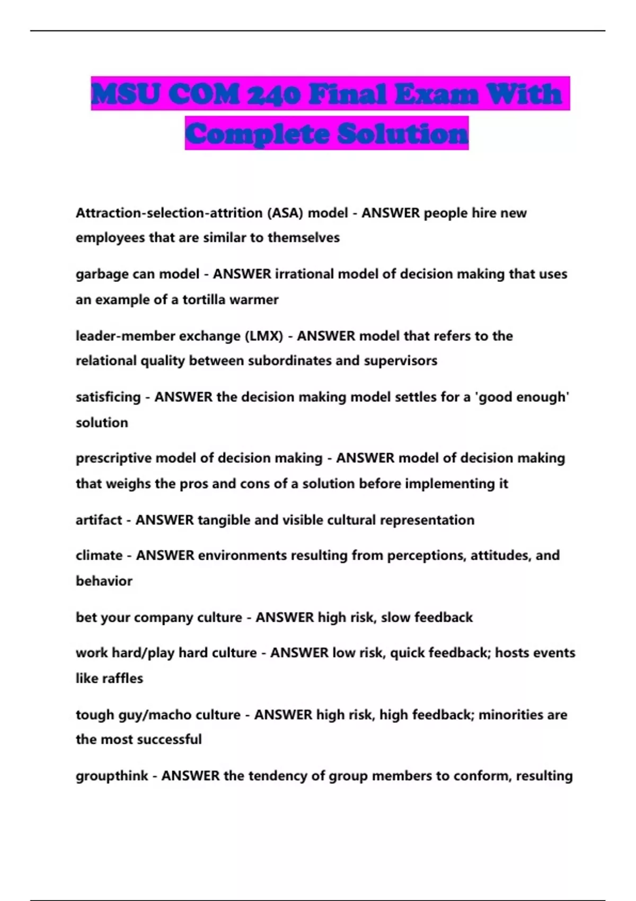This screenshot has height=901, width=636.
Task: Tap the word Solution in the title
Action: tap(403, 134)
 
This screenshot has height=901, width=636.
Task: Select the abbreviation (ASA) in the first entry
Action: tap(285, 213)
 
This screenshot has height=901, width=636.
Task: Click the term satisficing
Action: tap(108, 397)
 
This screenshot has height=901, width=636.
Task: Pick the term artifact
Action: tap(99, 520)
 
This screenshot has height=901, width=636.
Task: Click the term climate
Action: tap(99, 555)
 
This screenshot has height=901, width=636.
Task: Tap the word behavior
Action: tap(104, 581)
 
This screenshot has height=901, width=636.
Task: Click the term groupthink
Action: tap(112, 776)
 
